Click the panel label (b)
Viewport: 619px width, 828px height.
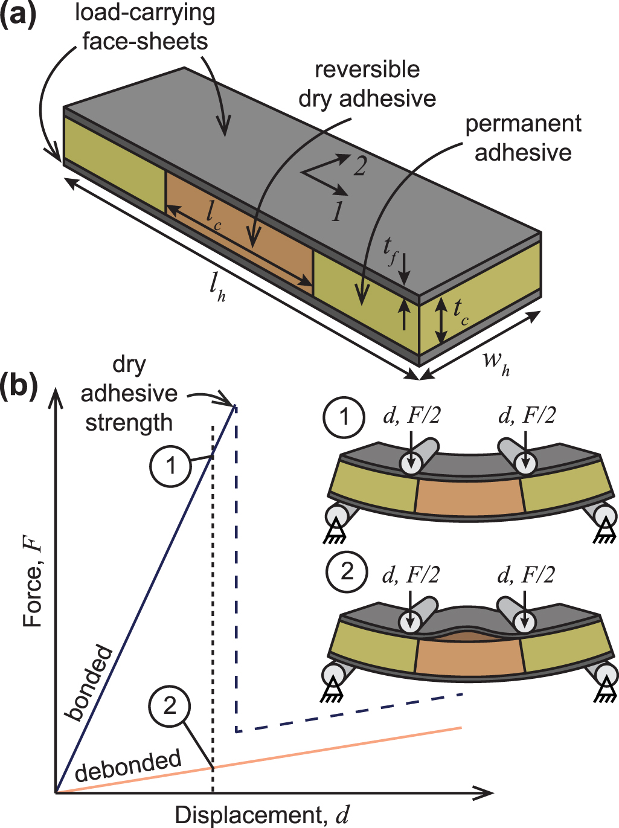pos(19,385)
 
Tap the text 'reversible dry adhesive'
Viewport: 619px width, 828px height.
pos(367,84)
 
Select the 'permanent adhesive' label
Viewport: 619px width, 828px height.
pos(523,138)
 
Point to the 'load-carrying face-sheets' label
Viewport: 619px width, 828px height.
pos(145,27)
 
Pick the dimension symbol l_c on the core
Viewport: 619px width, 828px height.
pos(213,215)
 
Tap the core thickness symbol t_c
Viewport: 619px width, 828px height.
pos(460,311)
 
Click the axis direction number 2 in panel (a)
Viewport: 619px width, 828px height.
pos(360,166)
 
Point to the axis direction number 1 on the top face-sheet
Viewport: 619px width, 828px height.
pos(337,211)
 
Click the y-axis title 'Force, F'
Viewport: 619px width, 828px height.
pos(33,583)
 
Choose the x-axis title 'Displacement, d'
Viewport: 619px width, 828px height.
pos(262,815)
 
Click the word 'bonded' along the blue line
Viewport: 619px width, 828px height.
pos(89,683)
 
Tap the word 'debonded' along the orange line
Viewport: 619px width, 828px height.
pos(128,765)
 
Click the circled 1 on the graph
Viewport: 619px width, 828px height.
pos(171,466)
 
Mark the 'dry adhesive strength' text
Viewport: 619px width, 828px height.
pos(129,394)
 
